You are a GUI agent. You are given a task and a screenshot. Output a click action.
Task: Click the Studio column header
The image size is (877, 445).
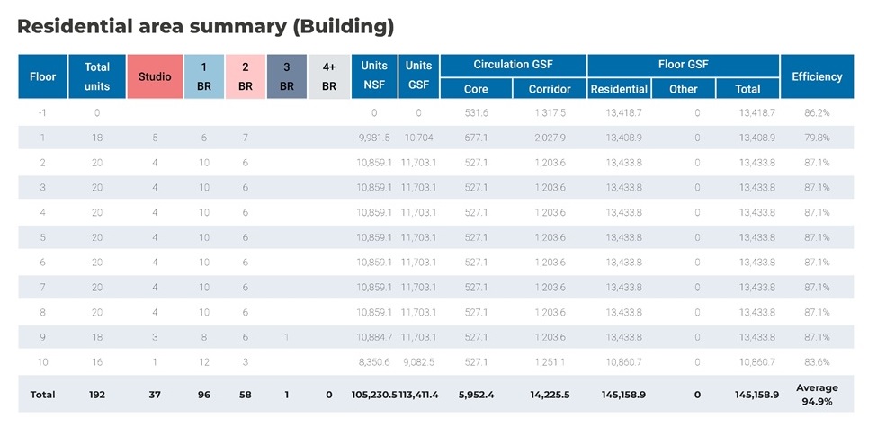point(155,76)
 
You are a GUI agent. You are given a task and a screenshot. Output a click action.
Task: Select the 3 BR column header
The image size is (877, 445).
point(286,76)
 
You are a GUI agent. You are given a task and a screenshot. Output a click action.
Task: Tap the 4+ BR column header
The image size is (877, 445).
point(329,76)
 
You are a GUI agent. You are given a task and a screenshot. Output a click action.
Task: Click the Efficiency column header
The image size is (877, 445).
point(817,76)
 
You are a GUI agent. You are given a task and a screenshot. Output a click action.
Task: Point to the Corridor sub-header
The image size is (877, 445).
point(550,89)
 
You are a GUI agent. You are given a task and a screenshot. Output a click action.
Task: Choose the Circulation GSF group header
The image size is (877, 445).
point(513,65)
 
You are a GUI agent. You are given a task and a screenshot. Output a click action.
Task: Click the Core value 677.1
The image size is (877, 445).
point(476,138)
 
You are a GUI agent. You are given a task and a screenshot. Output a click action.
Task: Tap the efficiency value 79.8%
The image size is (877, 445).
point(817,138)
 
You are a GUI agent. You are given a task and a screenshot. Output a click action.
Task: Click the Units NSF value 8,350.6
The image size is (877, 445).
point(374,362)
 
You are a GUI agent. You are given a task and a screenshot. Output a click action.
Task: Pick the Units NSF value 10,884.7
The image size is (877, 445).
point(374,337)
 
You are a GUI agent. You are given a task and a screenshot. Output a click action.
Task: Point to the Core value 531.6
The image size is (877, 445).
point(476,113)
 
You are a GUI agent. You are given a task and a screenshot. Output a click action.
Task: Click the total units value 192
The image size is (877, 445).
point(96,395)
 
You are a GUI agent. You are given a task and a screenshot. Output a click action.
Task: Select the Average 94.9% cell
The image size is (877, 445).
point(817,395)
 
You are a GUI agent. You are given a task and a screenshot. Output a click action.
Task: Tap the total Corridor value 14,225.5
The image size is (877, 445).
point(550,395)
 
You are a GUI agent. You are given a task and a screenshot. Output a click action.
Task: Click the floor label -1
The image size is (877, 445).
point(42,113)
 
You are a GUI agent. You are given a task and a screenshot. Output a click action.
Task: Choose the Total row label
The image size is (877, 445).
point(42,395)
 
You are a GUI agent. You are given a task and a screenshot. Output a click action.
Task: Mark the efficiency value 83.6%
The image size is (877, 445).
point(817,362)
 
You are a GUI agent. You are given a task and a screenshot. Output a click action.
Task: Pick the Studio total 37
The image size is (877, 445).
point(155,395)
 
